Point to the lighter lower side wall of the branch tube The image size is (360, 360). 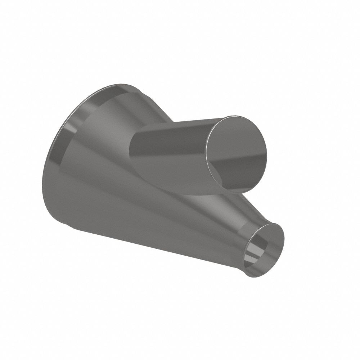(173, 173)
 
